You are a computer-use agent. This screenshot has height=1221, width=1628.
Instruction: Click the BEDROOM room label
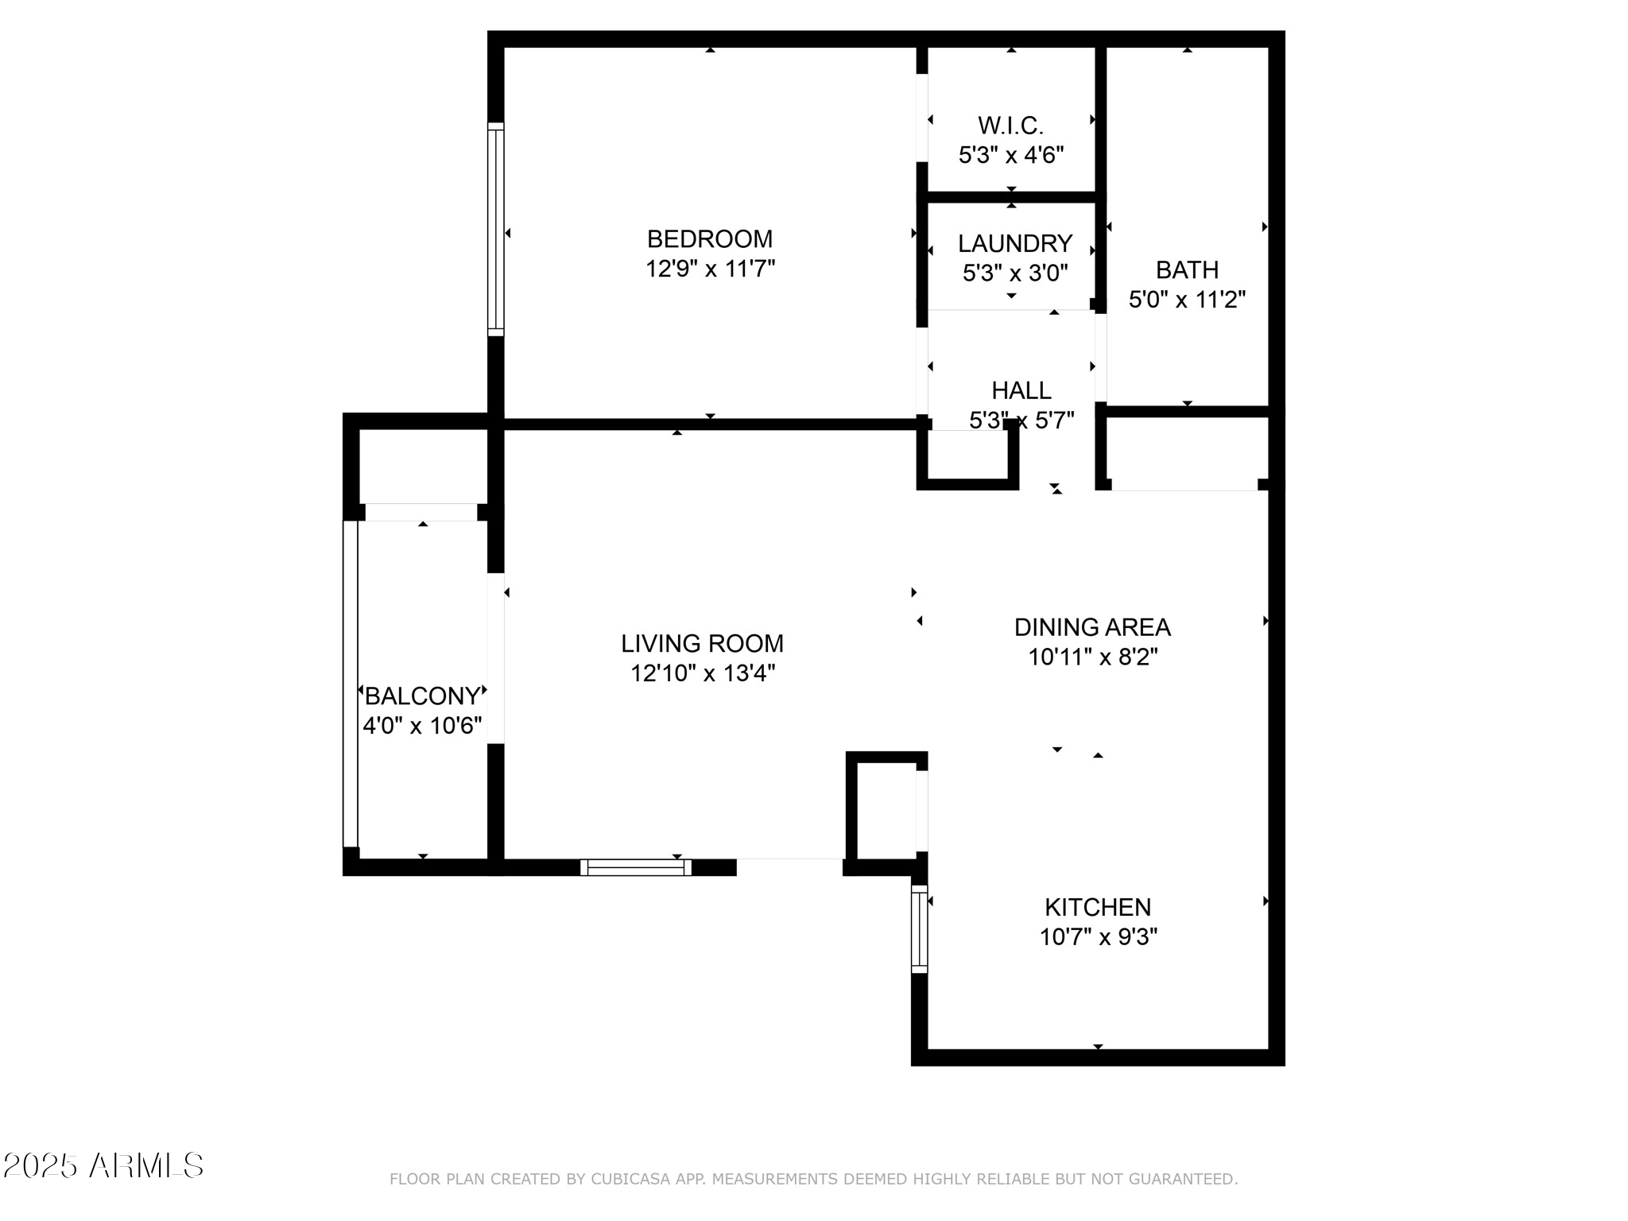[709, 238]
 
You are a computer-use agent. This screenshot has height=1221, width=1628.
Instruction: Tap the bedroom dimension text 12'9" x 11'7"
[709, 269]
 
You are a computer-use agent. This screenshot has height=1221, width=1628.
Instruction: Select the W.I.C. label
[1010, 126]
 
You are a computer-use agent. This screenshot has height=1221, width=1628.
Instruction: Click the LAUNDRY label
[1014, 243]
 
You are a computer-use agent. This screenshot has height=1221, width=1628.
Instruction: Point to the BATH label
[1187, 270]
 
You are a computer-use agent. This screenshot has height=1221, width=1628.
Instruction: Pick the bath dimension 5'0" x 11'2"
[1187, 300]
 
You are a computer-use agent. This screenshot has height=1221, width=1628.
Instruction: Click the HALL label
[1021, 390]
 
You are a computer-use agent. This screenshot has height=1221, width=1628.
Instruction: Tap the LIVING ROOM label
[702, 643]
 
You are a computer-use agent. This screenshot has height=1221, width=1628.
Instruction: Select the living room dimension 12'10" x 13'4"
[702, 673]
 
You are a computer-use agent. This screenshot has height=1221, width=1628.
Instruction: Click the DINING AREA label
[1092, 627]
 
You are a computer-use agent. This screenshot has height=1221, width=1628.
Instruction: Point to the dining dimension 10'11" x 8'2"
[1092, 657]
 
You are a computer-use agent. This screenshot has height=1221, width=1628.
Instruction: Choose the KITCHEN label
[1097, 907]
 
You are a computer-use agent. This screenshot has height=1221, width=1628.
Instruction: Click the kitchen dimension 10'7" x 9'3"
[1097, 937]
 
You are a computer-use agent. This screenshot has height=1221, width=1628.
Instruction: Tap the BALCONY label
[422, 696]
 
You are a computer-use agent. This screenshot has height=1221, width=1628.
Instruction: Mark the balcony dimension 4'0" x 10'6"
[422, 726]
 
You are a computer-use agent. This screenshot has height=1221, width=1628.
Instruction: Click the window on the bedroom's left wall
[495, 229]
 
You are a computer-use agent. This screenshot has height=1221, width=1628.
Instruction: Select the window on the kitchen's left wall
[919, 928]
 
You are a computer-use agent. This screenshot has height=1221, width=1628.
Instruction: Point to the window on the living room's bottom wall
[635, 867]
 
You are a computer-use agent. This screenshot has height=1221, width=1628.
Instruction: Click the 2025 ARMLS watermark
[103, 1166]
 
